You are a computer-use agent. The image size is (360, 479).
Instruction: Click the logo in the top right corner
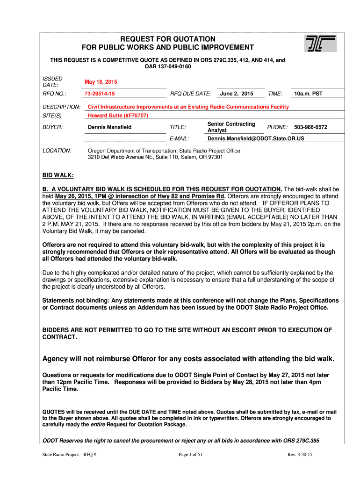pyautogui.click(x=320, y=44)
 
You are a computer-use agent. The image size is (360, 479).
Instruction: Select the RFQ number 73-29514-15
pyautogui.click(x=100, y=94)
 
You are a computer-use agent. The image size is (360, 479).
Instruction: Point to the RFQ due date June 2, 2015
pyautogui.click(x=237, y=94)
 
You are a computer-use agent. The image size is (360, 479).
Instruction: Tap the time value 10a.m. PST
pyautogui.click(x=308, y=94)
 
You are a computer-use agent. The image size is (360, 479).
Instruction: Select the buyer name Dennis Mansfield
pyautogui.click(x=110, y=127)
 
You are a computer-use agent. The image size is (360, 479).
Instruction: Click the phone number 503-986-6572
pyautogui.click(x=310, y=127)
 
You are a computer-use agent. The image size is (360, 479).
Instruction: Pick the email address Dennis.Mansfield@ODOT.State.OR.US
pyautogui.click(x=256, y=139)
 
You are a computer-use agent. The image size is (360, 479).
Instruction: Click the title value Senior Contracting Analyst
pyautogui.click(x=231, y=127)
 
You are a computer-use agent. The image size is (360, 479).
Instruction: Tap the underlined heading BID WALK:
pyautogui.click(x=58, y=175)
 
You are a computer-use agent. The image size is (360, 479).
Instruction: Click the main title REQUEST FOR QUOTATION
pyautogui.click(x=168, y=39)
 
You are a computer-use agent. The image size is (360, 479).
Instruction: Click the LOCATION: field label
pyautogui.click(x=57, y=151)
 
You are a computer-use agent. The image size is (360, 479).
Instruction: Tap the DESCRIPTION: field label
pyautogui.click(x=61, y=107)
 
